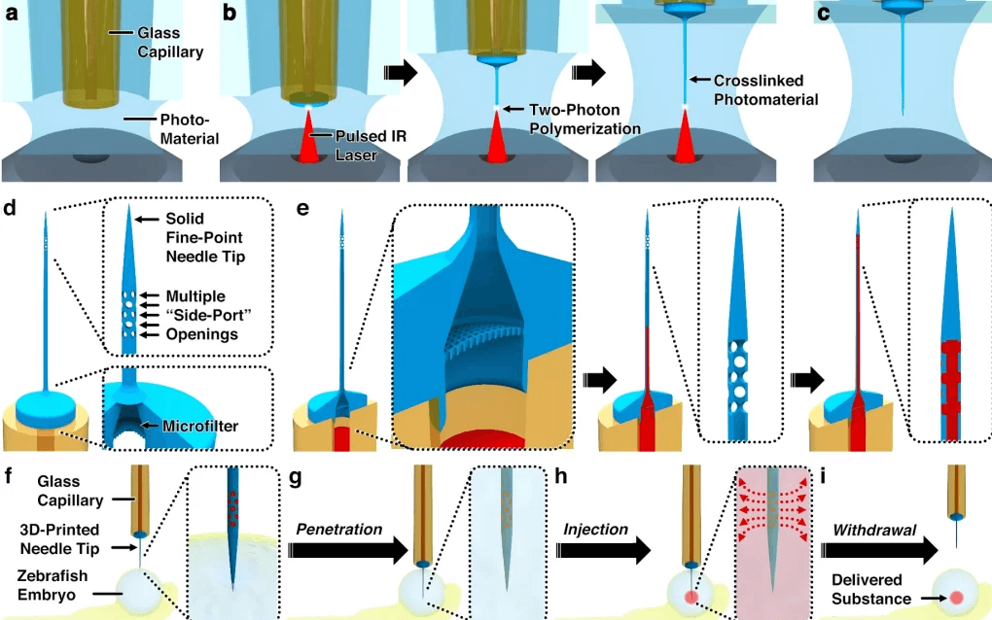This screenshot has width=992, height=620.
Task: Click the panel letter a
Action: pos(12,13)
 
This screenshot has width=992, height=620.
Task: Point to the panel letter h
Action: pos(561,478)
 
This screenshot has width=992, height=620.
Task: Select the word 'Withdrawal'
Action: pos(876,532)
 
